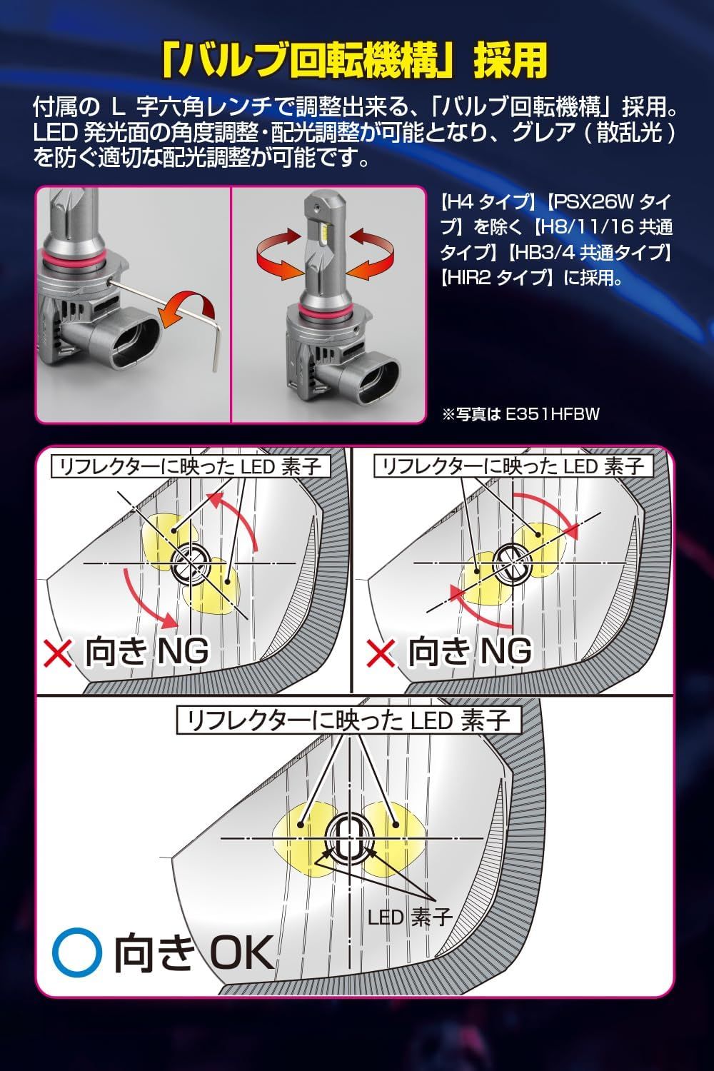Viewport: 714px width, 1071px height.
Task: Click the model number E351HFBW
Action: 553,414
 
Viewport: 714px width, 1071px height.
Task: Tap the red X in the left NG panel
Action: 58,652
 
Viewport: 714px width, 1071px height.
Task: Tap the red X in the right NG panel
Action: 381,652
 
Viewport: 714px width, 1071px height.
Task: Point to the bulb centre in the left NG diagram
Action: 191,563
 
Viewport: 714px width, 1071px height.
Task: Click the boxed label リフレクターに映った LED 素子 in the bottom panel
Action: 348,721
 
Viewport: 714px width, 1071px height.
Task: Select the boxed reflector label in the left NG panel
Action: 191,466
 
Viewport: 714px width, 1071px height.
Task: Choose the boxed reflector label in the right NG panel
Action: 513,466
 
